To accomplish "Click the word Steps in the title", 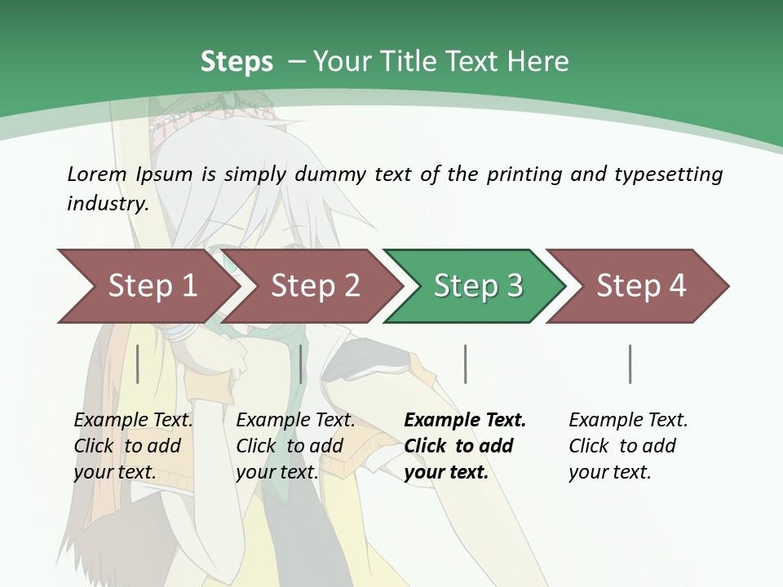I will click(237, 62).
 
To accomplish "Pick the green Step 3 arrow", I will click(478, 285).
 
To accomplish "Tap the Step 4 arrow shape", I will click(641, 285).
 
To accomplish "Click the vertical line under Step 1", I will click(138, 364).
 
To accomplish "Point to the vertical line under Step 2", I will click(301, 364).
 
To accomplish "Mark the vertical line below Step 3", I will click(465, 364).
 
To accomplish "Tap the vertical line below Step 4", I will click(630, 364).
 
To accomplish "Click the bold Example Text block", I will click(465, 446).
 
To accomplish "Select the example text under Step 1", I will click(133, 446).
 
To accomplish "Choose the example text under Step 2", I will click(295, 446).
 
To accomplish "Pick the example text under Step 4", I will click(628, 446).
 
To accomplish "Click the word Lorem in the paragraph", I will click(97, 174).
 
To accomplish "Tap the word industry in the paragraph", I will click(108, 204).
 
